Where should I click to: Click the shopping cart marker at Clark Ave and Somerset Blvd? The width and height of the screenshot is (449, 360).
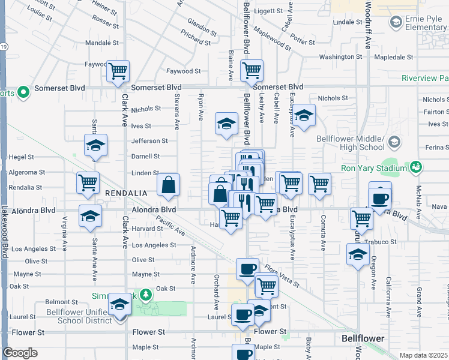(x=118, y=71)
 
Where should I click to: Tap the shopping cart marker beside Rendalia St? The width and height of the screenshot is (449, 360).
(x=88, y=182)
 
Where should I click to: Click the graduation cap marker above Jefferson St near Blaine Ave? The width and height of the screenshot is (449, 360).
(x=226, y=124)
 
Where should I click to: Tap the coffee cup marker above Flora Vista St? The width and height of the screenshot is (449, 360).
(x=247, y=269)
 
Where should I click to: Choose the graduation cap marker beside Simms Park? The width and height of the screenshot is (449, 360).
(x=119, y=305)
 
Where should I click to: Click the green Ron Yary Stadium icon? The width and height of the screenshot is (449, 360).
(x=415, y=167)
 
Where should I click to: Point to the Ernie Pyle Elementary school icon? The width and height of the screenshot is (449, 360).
(x=396, y=22)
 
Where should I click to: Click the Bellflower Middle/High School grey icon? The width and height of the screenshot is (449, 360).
(x=394, y=142)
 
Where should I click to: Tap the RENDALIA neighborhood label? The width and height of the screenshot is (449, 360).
(x=126, y=193)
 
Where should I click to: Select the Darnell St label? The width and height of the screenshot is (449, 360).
(x=146, y=156)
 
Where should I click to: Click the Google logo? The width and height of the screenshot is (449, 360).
(x=20, y=353)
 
